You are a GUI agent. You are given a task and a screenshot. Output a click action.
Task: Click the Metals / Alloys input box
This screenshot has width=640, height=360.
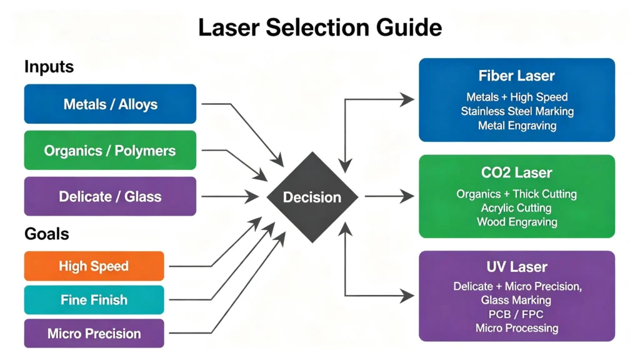coord(110,104)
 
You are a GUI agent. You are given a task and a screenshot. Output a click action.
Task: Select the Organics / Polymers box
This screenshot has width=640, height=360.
coord(110,150)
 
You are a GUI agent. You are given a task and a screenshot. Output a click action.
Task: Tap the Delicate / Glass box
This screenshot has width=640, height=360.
coord(110,196)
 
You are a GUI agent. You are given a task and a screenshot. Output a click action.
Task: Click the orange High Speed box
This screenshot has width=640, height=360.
coord(94,266)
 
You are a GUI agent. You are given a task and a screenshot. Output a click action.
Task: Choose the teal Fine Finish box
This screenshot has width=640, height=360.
coord(94,300)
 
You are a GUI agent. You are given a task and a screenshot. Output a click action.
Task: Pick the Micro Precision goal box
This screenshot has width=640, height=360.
coord(94,334)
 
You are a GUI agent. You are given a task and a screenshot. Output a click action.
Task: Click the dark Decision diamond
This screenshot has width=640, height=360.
coord(312,197)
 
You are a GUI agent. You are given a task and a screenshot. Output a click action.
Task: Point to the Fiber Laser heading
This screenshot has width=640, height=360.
coord(516,76)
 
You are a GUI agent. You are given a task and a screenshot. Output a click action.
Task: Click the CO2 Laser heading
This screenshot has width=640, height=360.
coord(516,172)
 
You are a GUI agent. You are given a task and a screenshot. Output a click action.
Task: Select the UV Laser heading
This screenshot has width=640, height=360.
coord(517,267)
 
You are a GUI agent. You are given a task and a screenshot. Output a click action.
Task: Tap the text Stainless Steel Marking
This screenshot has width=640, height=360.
coord(517,111)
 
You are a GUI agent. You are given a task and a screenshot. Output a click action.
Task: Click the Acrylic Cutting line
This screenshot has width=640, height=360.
coord(516,208)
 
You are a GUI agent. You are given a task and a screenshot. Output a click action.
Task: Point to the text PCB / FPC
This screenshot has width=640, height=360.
coord(516,314)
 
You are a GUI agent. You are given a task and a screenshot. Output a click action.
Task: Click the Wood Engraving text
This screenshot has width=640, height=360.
coord(517,222)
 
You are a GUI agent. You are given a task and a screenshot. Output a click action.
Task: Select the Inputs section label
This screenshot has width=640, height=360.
coord(49,66)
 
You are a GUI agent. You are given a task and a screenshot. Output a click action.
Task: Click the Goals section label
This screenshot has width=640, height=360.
coord(46,234)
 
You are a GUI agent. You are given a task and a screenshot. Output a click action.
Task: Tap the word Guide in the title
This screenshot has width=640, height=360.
coord(409,27)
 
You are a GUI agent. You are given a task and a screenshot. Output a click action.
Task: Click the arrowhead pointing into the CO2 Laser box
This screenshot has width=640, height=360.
coord(407,196)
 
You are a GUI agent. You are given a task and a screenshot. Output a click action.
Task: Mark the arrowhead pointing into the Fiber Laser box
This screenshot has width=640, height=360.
coord(407,99)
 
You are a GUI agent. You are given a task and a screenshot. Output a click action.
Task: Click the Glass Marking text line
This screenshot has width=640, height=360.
coord(516,301)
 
